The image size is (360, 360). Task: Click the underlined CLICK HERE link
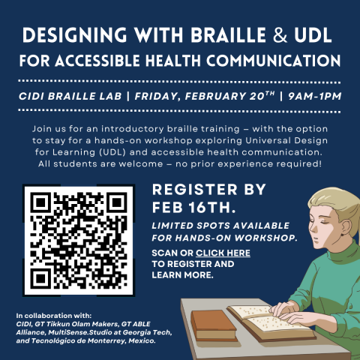pyautogui.click(x=223, y=253)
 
